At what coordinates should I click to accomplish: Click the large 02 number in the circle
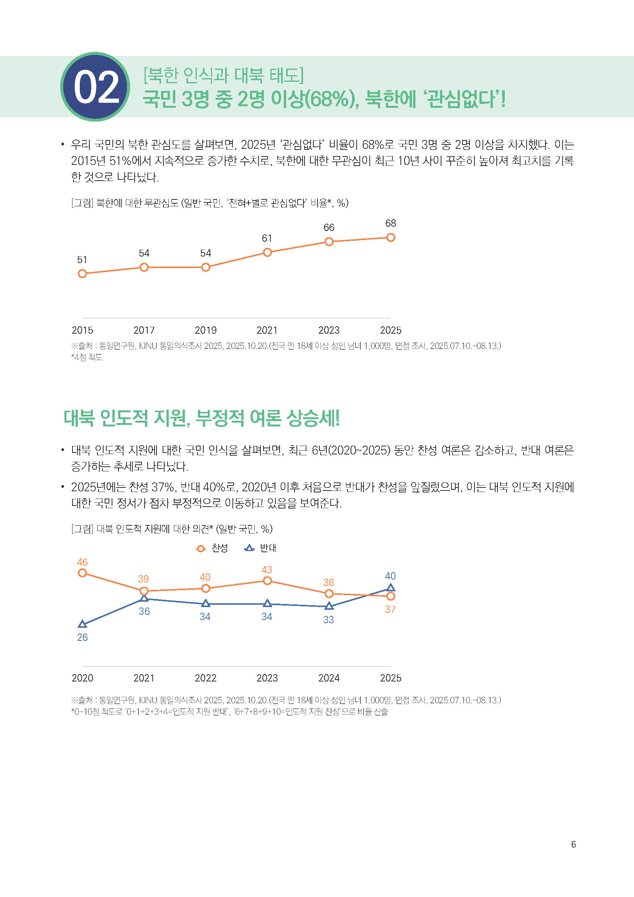pyautogui.click(x=96, y=87)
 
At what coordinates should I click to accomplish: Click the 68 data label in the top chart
pyautogui.click(x=390, y=223)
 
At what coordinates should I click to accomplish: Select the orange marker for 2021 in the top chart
pyautogui.click(x=267, y=252)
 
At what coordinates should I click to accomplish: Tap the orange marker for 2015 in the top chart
pyautogui.click(x=82, y=274)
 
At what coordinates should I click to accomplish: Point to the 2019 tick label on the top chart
pyautogui.click(x=206, y=330)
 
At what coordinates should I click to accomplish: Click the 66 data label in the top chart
pyautogui.click(x=329, y=227)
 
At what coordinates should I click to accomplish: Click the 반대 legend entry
pyautogui.click(x=260, y=548)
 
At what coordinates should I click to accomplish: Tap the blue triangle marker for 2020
pyautogui.click(x=82, y=624)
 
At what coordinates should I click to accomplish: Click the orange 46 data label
pyautogui.click(x=82, y=562)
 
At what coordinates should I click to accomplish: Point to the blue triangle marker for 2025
pyautogui.click(x=390, y=588)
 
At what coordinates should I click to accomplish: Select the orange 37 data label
pyautogui.click(x=390, y=609)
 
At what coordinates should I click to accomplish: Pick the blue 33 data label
pyautogui.click(x=328, y=620)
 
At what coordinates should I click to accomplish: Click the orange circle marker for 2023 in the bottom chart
pyautogui.click(x=267, y=581)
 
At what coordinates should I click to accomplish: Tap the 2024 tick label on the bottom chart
pyautogui.click(x=329, y=678)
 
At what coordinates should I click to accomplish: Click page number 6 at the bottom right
pyautogui.click(x=573, y=844)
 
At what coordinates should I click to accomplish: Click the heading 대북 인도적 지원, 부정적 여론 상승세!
pyautogui.click(x=202, y=418)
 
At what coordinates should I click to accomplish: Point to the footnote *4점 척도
pyautogui.click(x=87, y=357)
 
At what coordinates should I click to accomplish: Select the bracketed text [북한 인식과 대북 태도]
pyautogui.click(x=224, y=75)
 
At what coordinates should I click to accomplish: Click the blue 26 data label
pyautogui.click(x=82, y=637)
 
